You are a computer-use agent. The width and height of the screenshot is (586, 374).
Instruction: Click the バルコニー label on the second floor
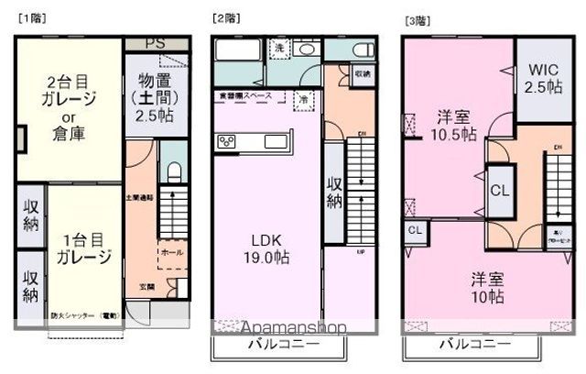tap(281, 346)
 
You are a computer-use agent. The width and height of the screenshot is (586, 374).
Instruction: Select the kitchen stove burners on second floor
tap(228, 141)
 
